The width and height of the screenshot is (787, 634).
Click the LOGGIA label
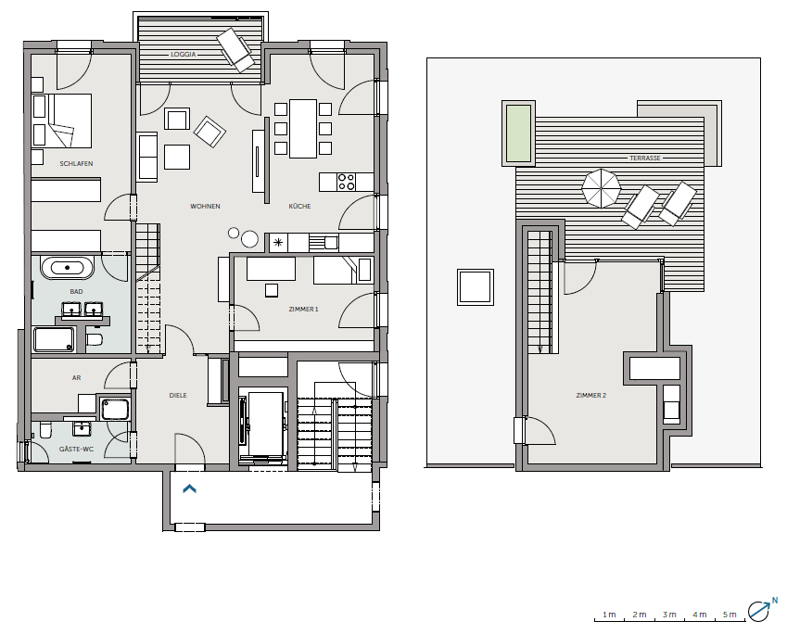coord(184,54)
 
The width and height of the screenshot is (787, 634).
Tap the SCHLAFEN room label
coord(76,164)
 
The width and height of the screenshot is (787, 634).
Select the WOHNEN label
coord(205,207)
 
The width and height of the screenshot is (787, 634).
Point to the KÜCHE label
coord(299,207)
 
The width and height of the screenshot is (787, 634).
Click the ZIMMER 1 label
coord(304,310)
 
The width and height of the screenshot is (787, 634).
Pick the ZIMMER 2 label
coord(591,396)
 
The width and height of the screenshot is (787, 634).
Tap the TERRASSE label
coord(645,158)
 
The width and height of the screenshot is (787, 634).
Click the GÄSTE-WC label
coord(76,449)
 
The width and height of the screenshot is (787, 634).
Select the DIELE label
coord(178,396)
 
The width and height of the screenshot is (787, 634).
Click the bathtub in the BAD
coord(68,268)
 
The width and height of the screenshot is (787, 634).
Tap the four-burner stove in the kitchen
coord(347,182)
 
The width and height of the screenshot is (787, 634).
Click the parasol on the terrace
coord(601,188)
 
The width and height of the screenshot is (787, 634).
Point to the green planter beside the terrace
coord(518,133)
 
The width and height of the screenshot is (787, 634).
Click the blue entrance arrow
coord(189,488)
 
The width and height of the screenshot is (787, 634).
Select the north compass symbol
coord(761,609)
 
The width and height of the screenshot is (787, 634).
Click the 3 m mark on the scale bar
coord(669,615)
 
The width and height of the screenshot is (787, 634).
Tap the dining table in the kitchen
coord(303,129)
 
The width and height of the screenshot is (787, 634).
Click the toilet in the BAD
coord(95,339)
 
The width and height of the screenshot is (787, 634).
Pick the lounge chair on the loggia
coord(235,50)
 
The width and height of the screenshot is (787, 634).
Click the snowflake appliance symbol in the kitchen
coord(278,243)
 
